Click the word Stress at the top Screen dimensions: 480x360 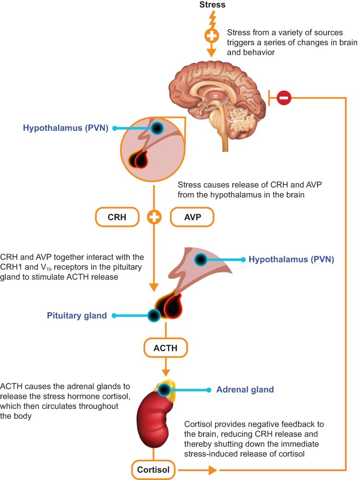212,5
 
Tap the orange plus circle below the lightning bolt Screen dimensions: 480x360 212,36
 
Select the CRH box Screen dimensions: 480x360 117,217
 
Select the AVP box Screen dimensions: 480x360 192,217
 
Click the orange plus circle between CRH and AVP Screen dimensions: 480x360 154,217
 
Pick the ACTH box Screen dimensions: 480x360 166,348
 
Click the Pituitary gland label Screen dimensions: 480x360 77,316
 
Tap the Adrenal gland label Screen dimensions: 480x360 245,390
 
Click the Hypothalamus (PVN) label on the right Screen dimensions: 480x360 291,259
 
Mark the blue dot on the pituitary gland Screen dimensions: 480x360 154,316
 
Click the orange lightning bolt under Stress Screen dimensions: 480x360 212,19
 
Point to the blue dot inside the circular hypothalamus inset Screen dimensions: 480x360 157,128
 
